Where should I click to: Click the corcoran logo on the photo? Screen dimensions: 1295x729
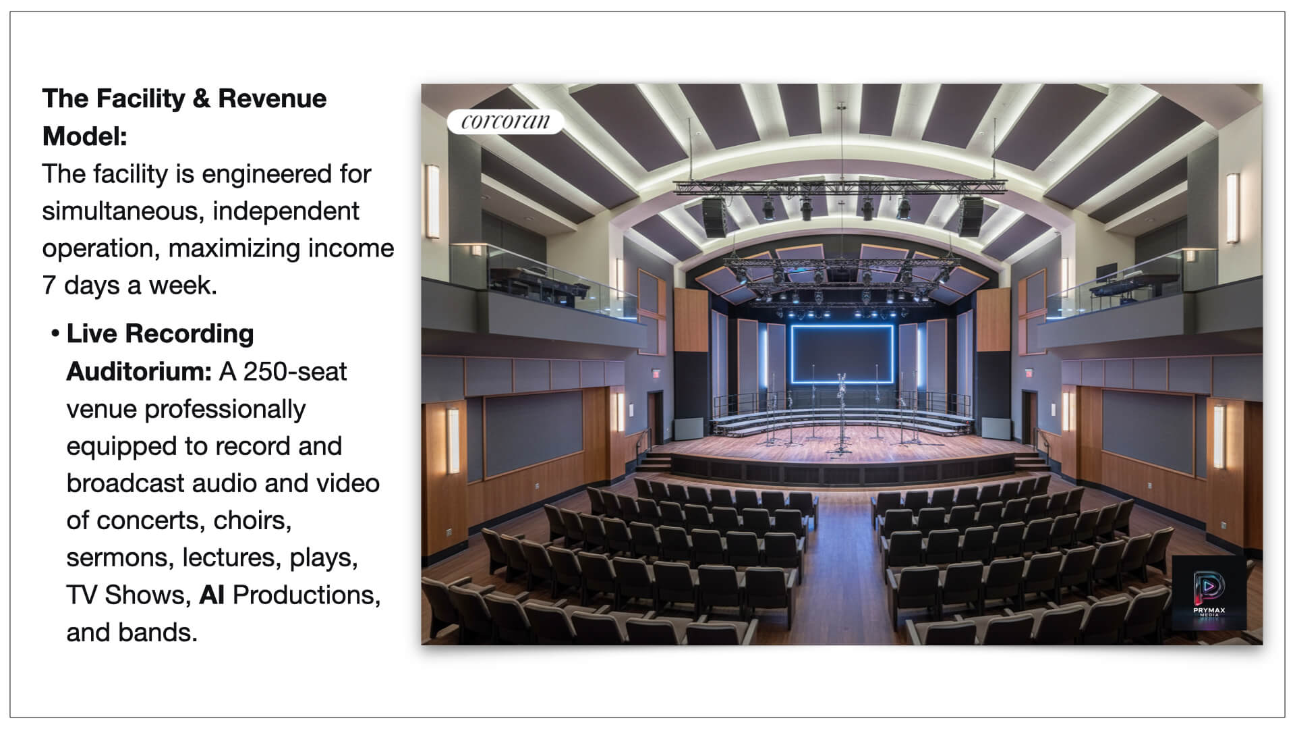505,122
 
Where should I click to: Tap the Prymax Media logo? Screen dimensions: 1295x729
1209,593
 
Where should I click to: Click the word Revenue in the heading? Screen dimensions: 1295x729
272,99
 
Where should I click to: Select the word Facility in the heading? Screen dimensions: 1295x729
140,99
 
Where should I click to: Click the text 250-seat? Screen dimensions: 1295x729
295,371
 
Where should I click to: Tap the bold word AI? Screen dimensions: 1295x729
212,595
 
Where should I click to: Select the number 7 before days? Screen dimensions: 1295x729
49,286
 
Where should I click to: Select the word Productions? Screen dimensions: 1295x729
306,595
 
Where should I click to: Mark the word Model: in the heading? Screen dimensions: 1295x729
85,136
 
